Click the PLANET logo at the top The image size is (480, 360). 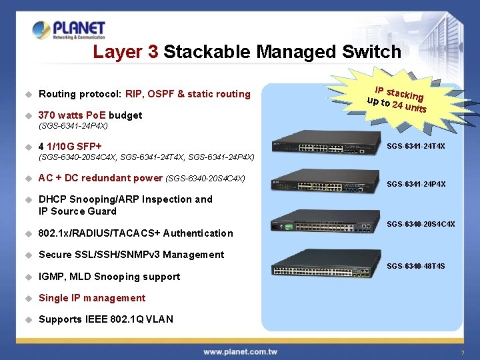point(69,30)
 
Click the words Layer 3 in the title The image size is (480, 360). point(125,52)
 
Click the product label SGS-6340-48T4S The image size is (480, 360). point(416,267)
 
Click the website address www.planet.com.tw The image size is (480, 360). point(240,351)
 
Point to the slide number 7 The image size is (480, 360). point(461,352)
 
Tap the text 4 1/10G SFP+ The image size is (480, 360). point(70,146)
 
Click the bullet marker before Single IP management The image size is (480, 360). point(29,298)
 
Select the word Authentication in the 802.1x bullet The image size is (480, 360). point(198,233)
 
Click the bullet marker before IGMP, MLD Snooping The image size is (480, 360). point(29,277)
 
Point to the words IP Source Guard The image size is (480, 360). point(77,211)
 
